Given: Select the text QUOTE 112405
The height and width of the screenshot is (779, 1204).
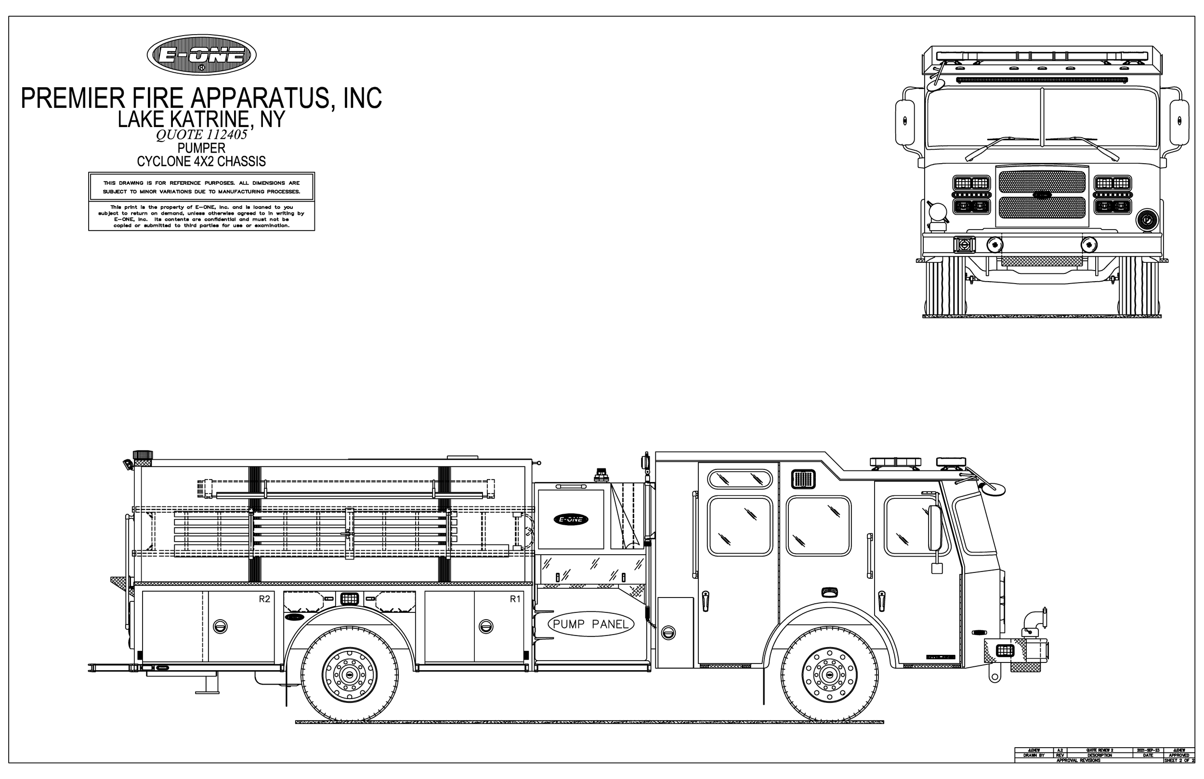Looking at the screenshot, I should coord(201,134).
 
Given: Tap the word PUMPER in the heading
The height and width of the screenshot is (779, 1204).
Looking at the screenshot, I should coord(201,148).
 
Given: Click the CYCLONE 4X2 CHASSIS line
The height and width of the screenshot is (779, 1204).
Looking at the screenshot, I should coord(201,161).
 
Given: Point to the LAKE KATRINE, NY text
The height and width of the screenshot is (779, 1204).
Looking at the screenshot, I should coord(201,119).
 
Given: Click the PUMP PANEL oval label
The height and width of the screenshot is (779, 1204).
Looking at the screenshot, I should coord(590,624).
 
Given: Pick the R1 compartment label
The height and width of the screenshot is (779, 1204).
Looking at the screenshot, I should coord(515,599).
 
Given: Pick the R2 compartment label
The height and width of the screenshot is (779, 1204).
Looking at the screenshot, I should coord(264,599).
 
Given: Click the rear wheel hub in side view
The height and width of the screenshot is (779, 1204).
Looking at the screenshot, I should coord(349,675).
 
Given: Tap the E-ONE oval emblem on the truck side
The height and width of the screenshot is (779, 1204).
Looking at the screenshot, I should coord(571,519).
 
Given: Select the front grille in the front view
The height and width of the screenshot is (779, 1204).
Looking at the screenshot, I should coord(1042,195).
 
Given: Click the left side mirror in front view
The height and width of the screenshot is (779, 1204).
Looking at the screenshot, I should coord(904,121).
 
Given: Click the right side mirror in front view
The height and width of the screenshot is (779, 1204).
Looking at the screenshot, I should coord(1180,121).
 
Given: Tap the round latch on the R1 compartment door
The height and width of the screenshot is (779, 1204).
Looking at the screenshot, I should coord(485,626).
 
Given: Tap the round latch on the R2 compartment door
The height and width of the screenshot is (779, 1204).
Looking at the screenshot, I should coord(220,626).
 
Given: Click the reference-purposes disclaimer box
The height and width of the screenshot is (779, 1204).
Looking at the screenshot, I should coord(201,187).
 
